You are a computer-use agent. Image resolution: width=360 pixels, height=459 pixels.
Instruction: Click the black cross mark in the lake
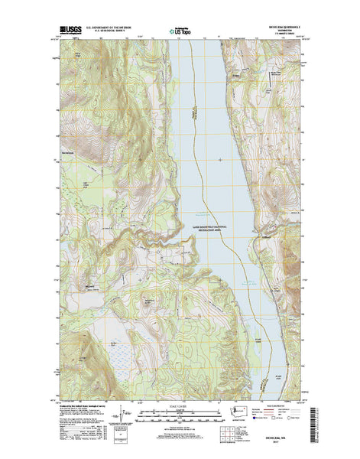pyautogui.click(x=221, y=159)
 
